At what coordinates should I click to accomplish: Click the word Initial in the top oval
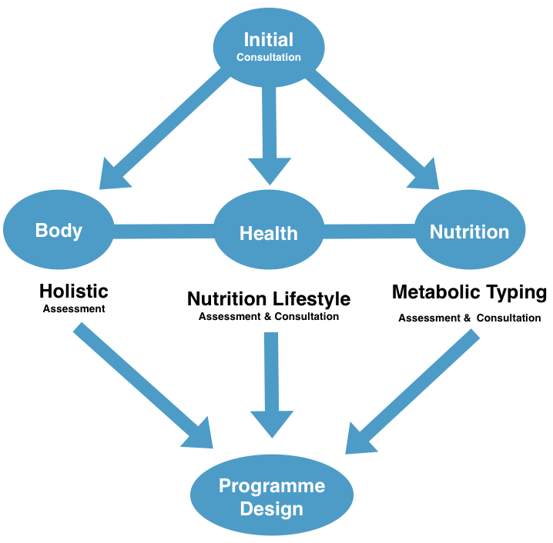tap(268, 39)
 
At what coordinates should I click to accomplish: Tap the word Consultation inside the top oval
tap(268, 57)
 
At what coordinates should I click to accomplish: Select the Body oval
tap(59, 230)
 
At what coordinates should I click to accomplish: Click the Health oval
tap(269, 230)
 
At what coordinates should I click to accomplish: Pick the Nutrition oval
tap(470, 230)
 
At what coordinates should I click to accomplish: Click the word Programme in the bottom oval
tap(272, 486)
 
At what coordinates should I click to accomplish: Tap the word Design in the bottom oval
tap(272, 509)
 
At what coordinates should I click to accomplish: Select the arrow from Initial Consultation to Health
tap(270, 135)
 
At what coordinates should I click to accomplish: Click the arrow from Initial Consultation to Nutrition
tap(373, 129)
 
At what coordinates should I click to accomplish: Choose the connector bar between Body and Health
tap(164, 232)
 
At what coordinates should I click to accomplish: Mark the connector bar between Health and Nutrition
tap(369, 232)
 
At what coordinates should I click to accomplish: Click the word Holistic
tap(74, 291)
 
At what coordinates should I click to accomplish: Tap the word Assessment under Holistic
tap(74, 309)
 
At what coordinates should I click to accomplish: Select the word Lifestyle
tap(311, 299)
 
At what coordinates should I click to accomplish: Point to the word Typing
tap(517, 293)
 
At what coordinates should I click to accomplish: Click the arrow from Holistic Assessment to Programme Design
tap(143, 385)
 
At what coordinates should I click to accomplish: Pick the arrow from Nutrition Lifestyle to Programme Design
tap(272, 385)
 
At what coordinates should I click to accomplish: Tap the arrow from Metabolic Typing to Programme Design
tap(413, 391)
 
